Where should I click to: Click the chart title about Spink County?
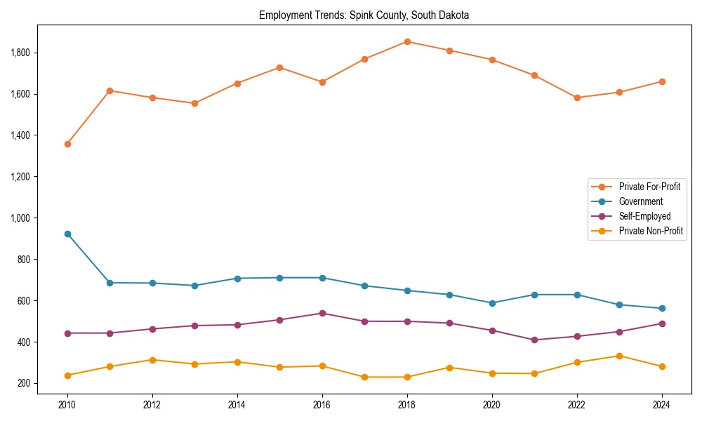tap(364, 15)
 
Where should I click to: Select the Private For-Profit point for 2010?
tap(67, 144)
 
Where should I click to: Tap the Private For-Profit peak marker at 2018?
tap(407, 41)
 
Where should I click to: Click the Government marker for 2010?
tap(67, 234)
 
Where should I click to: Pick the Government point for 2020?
tap(492, 303)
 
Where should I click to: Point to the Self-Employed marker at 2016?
tap(322, 313)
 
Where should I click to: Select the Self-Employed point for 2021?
tap(534, 340)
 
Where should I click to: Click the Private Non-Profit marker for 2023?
tap(619, 356)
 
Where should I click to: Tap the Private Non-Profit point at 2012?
tap(152, 360)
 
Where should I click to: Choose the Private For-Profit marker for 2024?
tap(662, 81)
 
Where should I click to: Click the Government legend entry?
tap(640, 201)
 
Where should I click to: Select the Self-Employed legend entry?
tap(644, 216)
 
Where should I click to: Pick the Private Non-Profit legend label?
tap(651, 231)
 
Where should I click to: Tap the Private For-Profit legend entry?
tap(649, 187)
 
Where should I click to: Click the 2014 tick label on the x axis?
tap(237, 405)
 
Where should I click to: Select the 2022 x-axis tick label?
tap(577, 405)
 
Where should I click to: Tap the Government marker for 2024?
tap(662, 308)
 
